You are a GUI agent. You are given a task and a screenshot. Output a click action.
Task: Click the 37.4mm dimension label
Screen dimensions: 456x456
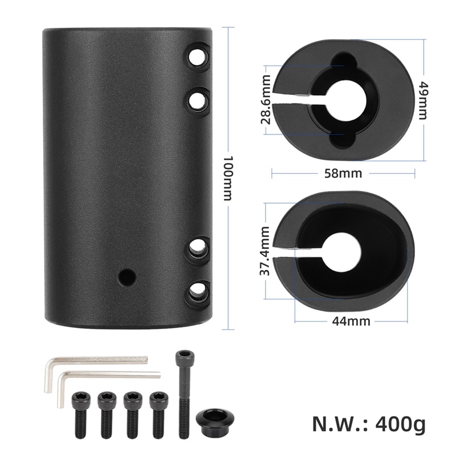tap(264, 251)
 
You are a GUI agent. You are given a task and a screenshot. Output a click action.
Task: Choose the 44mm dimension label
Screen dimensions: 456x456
tap(351, 321)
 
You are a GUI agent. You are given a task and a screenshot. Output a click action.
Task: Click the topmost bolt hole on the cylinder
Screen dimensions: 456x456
tap(197, 58)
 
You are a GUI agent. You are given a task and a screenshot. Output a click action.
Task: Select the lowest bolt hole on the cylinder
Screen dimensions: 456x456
tap(197, 292)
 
